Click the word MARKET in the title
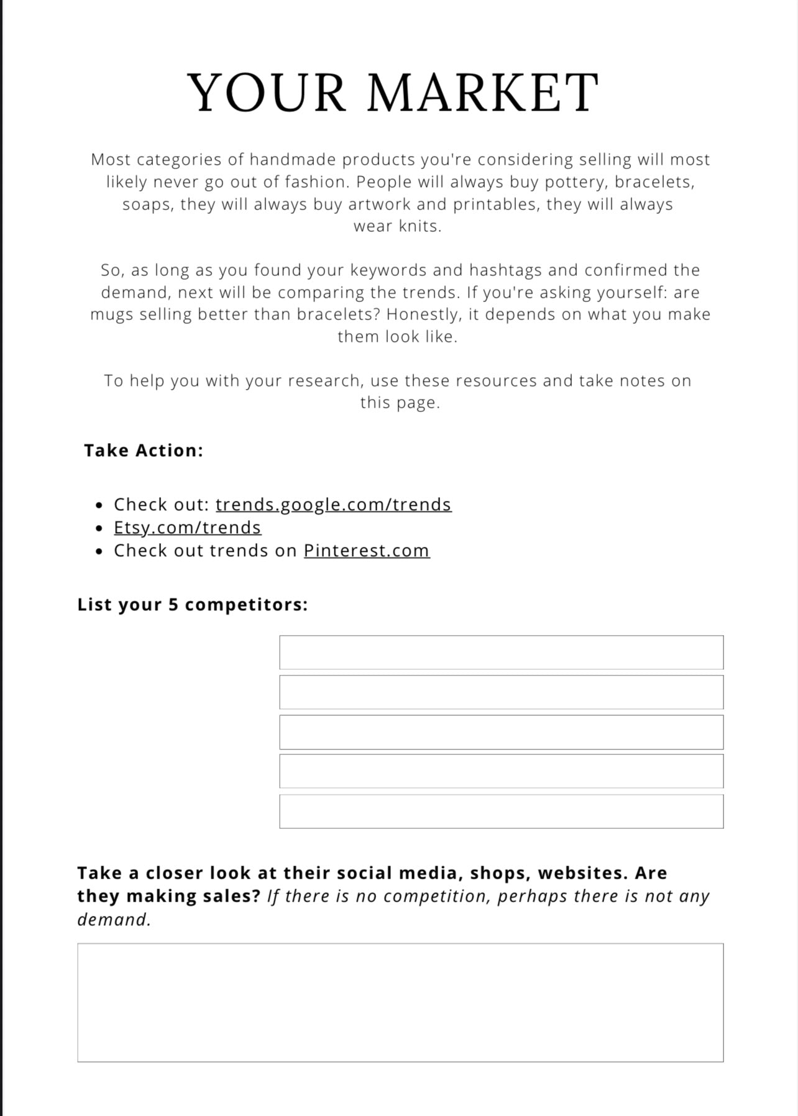point(483,93)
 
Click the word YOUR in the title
point(267,93)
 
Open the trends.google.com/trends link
point(333,504)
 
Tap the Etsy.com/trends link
point(187,528)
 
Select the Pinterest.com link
point(366,551)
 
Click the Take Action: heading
point(144,451)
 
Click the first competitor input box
point(501,652)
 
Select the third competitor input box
point(501,732)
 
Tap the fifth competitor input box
point(501,812)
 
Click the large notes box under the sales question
point(400,1002)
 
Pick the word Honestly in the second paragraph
point(423,314)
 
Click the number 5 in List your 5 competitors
point(173,605)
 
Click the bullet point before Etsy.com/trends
point(100,528)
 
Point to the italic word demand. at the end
point(114,920)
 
